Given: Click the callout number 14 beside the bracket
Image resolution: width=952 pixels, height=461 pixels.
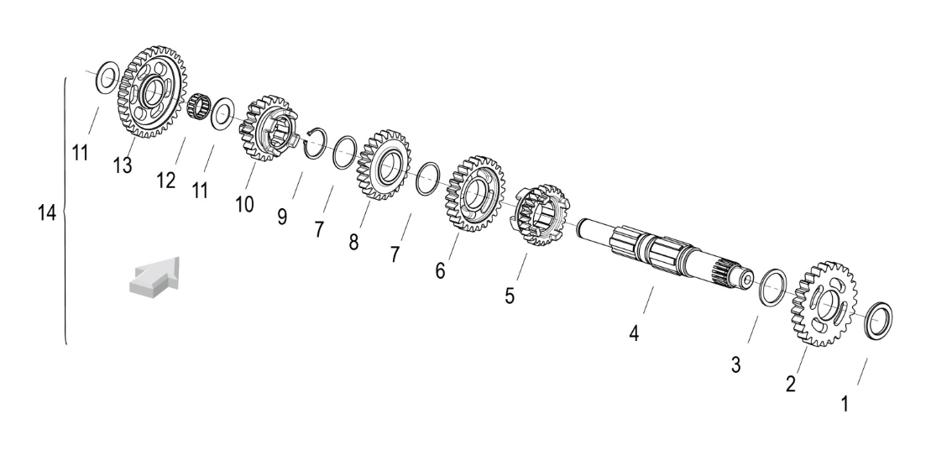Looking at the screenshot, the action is coord(47,213).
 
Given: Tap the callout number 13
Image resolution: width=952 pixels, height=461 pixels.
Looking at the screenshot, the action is coord(122,165).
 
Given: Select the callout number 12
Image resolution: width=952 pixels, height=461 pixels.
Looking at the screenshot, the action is coord(165,181).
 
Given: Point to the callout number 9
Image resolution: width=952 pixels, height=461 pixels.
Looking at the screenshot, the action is coord(282,217).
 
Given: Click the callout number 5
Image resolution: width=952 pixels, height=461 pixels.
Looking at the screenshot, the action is coord(510,296).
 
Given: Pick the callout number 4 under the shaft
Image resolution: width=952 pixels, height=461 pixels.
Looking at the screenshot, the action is coord(634,333).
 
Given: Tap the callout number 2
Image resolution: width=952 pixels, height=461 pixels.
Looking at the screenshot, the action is coord(791,384).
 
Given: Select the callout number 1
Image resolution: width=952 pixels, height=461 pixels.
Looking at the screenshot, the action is coord(845,404).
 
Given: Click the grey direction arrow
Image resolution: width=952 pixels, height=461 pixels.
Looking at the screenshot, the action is coord(154,278).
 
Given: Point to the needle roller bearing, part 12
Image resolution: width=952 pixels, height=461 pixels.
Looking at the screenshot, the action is coord(198,107).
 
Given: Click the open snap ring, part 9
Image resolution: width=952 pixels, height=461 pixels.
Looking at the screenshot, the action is coord(315,144).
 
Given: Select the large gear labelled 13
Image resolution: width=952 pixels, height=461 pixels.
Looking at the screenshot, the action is coord(152,92).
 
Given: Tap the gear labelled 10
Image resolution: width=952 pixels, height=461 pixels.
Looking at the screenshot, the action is coord(269,128).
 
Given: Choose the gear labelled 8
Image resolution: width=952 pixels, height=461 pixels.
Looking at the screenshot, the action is coord(384,165).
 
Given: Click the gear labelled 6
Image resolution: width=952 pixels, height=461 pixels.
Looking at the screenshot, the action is coord(475,194).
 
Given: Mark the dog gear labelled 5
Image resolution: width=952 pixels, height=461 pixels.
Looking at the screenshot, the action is coord(541,214).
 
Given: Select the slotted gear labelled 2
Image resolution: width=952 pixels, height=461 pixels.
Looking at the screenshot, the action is coord(824,304).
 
